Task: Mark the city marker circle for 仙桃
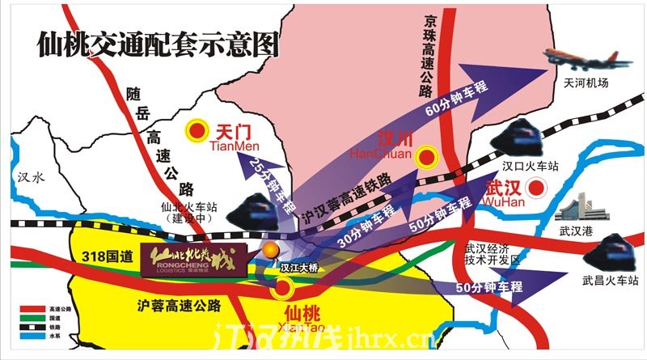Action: tap(283, 286)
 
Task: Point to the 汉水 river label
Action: tap(30, 179)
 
